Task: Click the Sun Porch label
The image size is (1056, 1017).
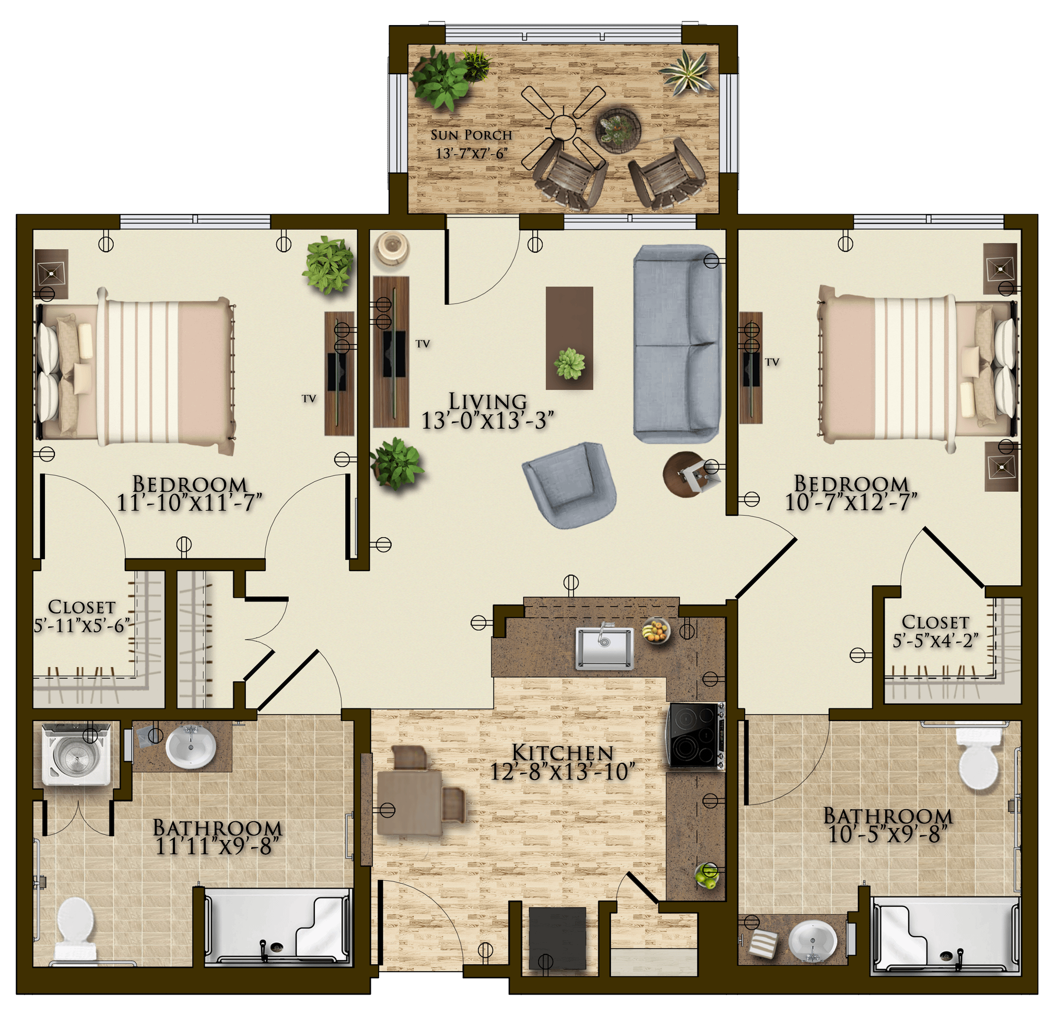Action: [x=471, y=135]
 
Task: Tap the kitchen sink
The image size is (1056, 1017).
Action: [x=604, y=648]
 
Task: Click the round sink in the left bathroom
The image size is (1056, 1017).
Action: [x=191, y=748]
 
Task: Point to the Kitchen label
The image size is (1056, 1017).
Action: [x=562, y=753]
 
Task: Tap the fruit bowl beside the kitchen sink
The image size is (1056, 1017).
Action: [x=656, y=630]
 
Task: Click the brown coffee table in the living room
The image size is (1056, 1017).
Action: [x=569, y=338]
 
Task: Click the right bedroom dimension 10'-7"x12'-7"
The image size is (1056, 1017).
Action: [x=851, y=502]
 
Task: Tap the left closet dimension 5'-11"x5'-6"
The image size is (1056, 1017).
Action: [x=82, y=625]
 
